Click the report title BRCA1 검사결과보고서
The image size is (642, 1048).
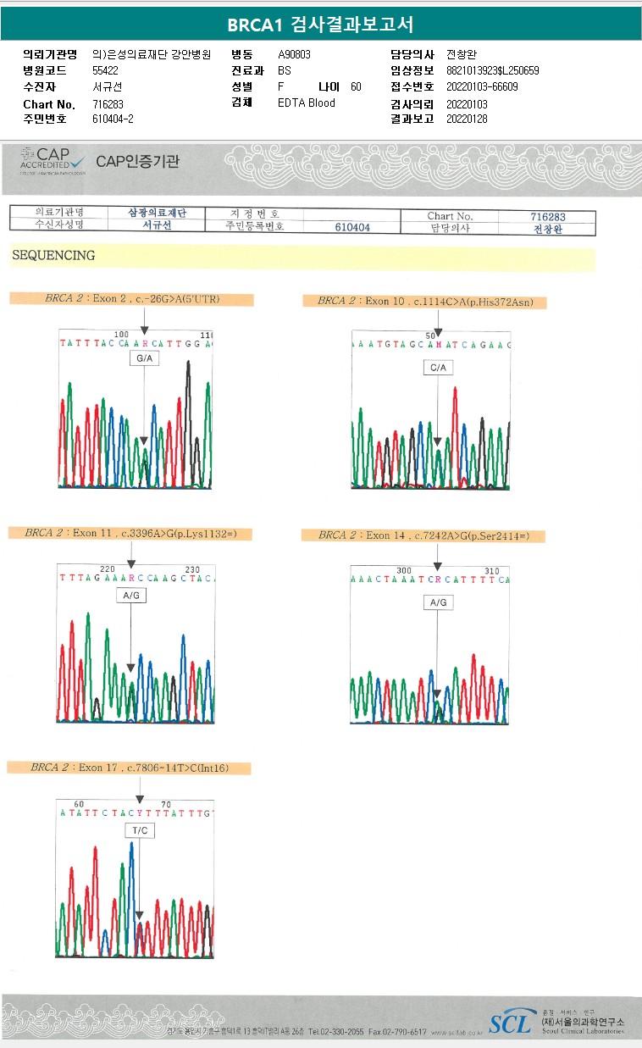(x=320, y=25)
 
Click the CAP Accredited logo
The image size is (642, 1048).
(x=53, y=159)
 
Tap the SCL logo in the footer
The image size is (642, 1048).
(x=510, y=1023)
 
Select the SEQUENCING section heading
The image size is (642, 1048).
(x=53, y=255)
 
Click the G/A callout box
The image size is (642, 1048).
(x=144, y=359)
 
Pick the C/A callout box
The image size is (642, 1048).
(x=438, y=368)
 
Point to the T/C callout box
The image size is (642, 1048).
(x=140, y=830)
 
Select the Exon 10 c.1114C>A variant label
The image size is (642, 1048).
(x=424, y=301)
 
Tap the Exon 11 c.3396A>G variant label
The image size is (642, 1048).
(x=130, y=533)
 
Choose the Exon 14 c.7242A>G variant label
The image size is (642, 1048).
(x=423, y=535)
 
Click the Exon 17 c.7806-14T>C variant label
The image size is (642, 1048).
(x=130, y=768)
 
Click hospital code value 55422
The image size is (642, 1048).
(x=105, y=70)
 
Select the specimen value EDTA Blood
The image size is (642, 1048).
(x=307, y=103)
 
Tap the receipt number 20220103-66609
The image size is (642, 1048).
(x=482, y=86)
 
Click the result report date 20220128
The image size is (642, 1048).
(x=467, y=119)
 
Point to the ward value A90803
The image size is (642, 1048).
(x=295, y=54)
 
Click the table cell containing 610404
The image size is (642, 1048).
(x=352, y=228)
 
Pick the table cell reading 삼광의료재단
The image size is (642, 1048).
(x=156, y=213)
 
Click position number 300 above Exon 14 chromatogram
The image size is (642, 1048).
(x=404, y=570)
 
